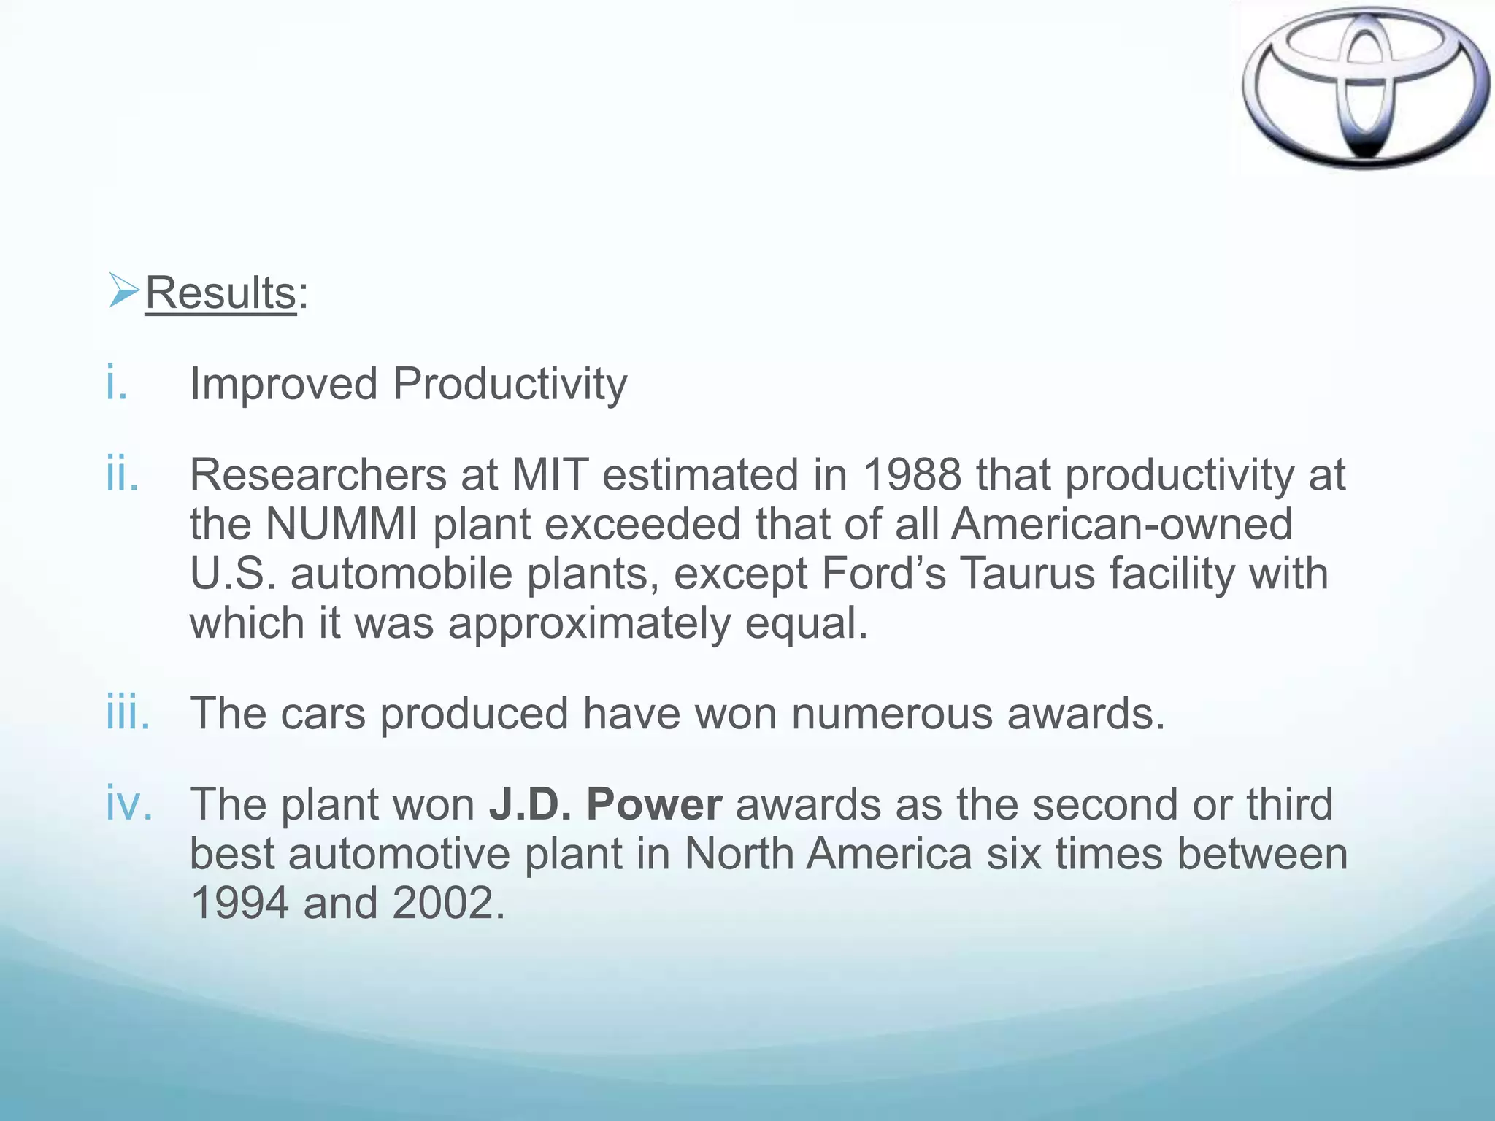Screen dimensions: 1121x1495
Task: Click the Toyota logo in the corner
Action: pos(1365,88)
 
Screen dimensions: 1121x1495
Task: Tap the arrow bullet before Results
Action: pos(123,290)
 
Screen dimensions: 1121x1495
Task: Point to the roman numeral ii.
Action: pos(122,474)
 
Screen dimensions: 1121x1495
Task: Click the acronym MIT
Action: pos(550,475)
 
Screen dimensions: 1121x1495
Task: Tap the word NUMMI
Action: pos(342,524)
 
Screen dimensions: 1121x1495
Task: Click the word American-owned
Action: pos(1122,524)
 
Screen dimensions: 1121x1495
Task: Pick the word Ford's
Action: pos(883,574)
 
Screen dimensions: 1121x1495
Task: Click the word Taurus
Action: pos(1027,574)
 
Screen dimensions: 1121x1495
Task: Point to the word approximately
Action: pos(589,625)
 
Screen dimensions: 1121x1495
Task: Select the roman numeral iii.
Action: pos(128,713)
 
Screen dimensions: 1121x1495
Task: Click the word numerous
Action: pos(892,713)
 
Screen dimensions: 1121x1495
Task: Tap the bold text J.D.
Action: pos(531,804)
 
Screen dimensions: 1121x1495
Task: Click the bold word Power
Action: pos(654,804)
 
